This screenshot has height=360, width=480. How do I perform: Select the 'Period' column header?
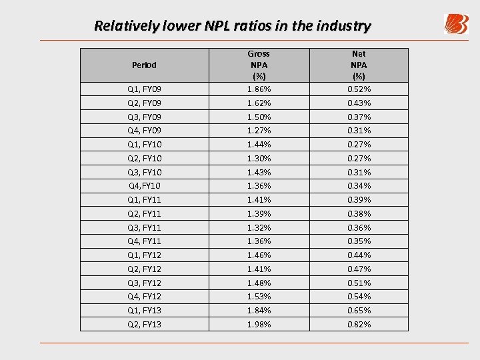[144, 65]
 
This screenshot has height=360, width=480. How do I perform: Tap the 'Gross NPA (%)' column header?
[259, 65]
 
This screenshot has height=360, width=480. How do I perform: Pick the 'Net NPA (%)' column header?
[359, 65]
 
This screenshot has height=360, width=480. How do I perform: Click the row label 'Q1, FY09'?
[144, 89]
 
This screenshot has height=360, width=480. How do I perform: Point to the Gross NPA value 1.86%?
[259, 89]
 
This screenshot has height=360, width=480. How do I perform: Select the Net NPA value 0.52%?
[359, 89]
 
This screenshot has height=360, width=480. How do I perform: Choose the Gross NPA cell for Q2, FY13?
[259, 325]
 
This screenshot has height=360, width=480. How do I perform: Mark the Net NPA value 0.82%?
[359, 325]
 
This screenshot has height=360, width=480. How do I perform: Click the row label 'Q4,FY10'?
[144, 186]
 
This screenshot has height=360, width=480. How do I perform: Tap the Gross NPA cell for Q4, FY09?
[259, 131]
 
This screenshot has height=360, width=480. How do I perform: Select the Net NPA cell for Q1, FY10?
[359, 145]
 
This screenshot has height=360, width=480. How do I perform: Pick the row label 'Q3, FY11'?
[144, 228]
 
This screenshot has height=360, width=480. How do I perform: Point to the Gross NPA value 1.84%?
[259, 311]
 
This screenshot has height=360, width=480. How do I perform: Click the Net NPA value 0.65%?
[359, 311]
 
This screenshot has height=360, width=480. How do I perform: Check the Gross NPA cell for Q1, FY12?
[259, 255]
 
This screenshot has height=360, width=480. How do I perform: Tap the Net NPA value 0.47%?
[359, 269]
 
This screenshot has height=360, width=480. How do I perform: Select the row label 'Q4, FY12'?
[144, 297]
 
